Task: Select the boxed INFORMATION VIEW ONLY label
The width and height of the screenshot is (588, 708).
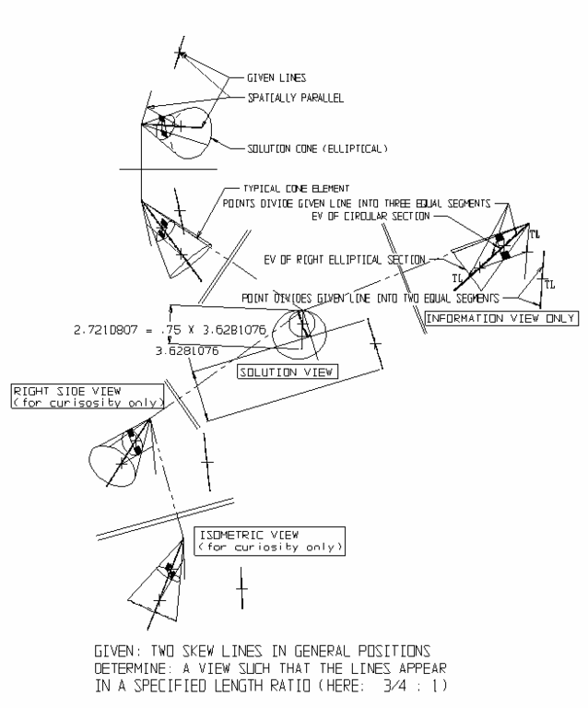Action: point(500,318)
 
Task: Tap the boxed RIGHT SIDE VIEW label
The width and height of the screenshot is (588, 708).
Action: point(88,396)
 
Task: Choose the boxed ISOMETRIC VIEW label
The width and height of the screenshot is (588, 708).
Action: point(271,541)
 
